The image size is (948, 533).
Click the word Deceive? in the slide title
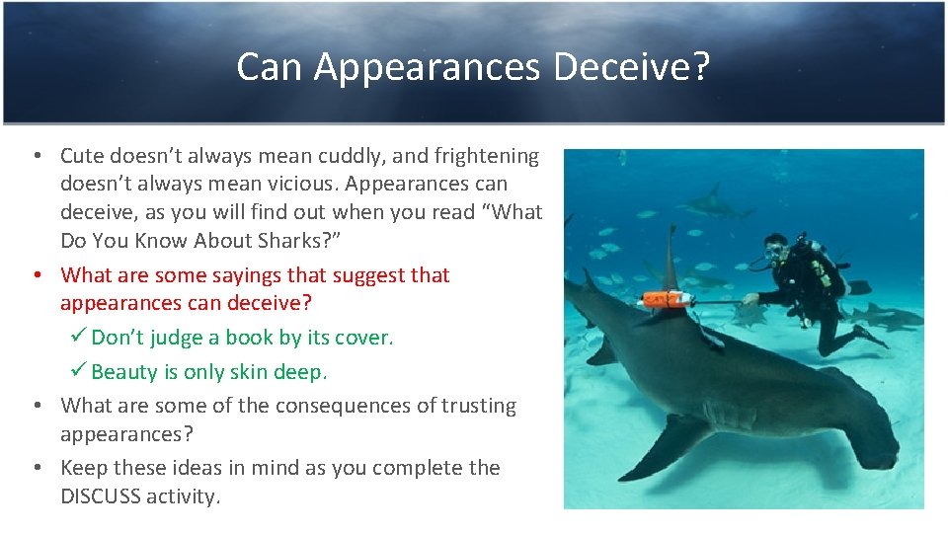tap(632, 67)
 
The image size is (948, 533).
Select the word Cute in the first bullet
tap(82, 156)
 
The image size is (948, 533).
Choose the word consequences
tap(350, 406)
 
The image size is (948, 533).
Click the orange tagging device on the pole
tap(658, 300)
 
